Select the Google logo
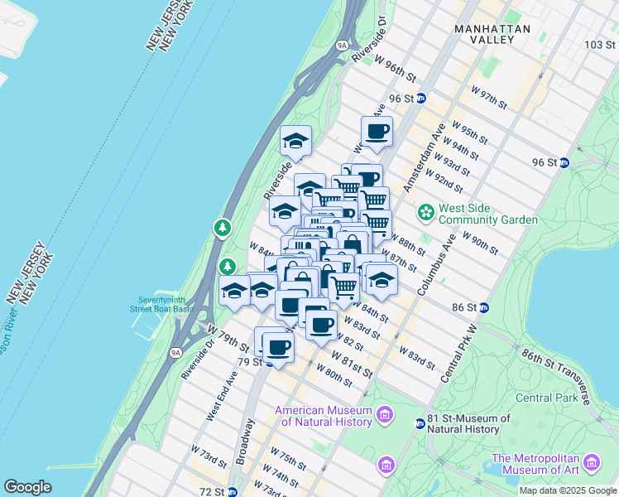coord(28,486)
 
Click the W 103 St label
coord(600,44)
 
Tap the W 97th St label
coord(488,96)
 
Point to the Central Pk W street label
coord(460,354)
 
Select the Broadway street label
coord(245,440)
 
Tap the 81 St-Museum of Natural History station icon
coord(420,424)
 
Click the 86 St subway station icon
coord(484,307)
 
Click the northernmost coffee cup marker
coord(377,131)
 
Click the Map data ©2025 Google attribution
coord(568,490)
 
